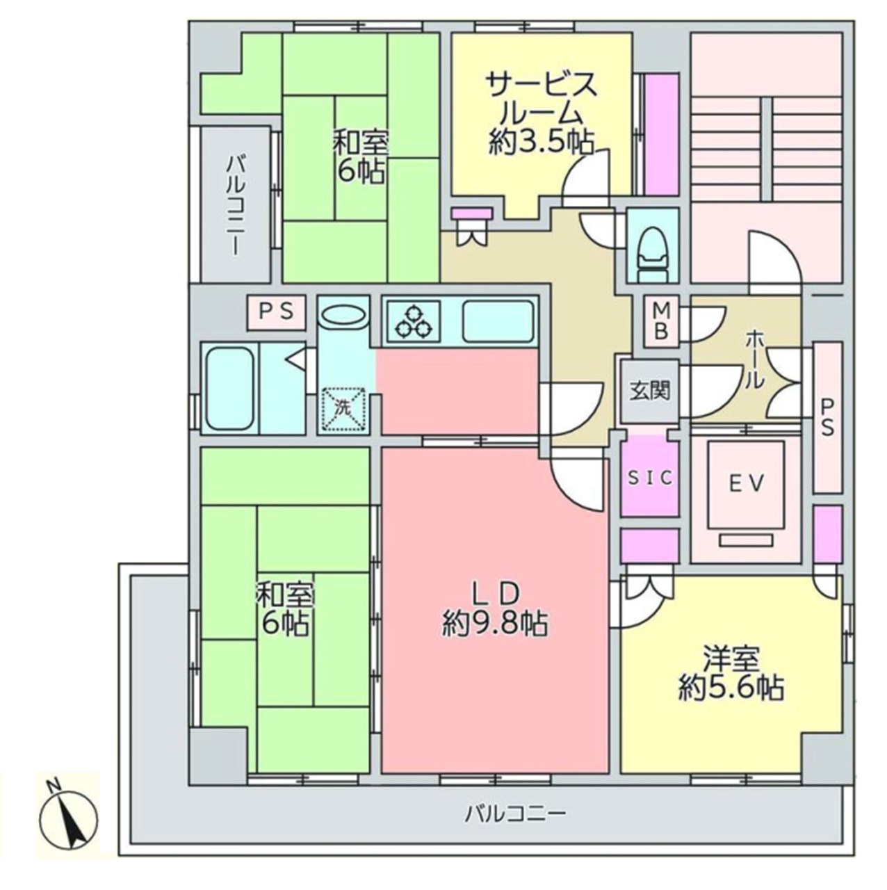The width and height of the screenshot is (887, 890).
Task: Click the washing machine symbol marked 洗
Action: pyautogui.click(x=342, y=409)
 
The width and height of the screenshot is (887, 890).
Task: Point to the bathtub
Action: pyautogui.click(x=230, y=389)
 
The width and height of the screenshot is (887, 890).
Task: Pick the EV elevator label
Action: pyautogui.click(x=746, y=483)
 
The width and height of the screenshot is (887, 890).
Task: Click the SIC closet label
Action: pyautogui.click(x=650, y=478)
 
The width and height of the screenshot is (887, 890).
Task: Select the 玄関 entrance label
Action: pyautogui.click(x=649, y=391)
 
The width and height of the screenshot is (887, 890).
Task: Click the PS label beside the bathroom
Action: pyautogui.click(x=277, y=311)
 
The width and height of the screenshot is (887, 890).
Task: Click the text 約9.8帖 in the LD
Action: pyautogui.click(x=496, y=625)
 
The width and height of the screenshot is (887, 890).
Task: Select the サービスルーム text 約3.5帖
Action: pyautogui.click(x=541, y=143)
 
